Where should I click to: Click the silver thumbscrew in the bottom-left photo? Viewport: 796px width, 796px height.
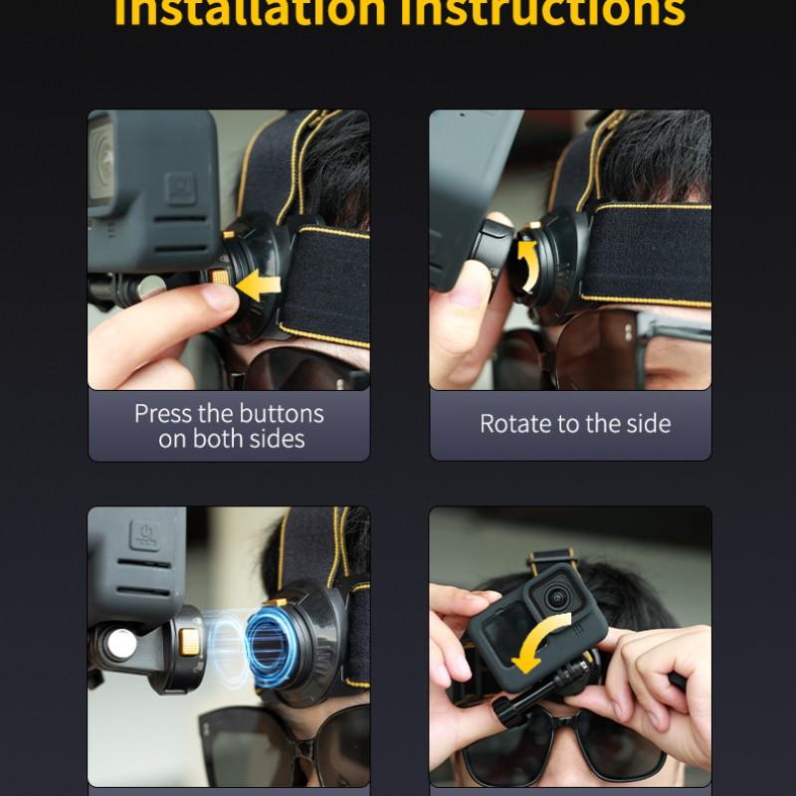122,646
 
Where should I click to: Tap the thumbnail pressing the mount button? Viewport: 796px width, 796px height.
216,297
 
